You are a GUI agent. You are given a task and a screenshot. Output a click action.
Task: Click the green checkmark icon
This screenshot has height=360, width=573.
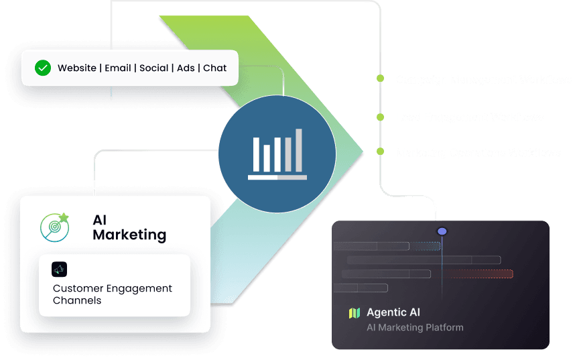pos(43,68)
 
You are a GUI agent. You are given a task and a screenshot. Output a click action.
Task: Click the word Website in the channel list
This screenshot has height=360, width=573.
pos(76,68)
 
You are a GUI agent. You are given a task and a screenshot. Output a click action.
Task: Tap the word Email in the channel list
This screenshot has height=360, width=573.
pos(118,68)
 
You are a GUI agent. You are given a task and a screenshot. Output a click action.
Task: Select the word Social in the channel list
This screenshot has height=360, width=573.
pos(153,68)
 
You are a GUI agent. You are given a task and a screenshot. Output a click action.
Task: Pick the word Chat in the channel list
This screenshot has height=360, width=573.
pos(214,68)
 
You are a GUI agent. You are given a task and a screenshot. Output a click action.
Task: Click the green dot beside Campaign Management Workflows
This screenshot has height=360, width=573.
pos(380,79)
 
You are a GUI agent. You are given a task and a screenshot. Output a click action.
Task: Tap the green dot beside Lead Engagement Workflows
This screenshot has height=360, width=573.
pos(380,117)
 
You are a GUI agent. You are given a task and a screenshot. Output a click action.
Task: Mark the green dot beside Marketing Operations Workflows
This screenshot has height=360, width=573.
pos(380,152)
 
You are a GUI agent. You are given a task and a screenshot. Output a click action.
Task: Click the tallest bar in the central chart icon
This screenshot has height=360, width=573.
pos(299,150)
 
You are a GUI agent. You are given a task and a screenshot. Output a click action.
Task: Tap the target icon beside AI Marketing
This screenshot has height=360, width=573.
pos(54,227)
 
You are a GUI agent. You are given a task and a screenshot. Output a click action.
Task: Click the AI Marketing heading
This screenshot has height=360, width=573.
pos(129,228)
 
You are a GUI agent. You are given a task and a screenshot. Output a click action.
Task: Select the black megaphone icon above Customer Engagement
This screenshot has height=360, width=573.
pos(60,269)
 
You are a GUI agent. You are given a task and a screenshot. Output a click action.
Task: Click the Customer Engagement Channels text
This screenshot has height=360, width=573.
pos(112,294)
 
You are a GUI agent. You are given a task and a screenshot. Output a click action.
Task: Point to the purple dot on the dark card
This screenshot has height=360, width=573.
pos(442,232)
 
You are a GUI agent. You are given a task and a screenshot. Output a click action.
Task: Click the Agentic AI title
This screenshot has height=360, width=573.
pos(393,312)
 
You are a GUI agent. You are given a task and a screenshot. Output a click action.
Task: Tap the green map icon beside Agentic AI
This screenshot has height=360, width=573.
pos(355,313)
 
